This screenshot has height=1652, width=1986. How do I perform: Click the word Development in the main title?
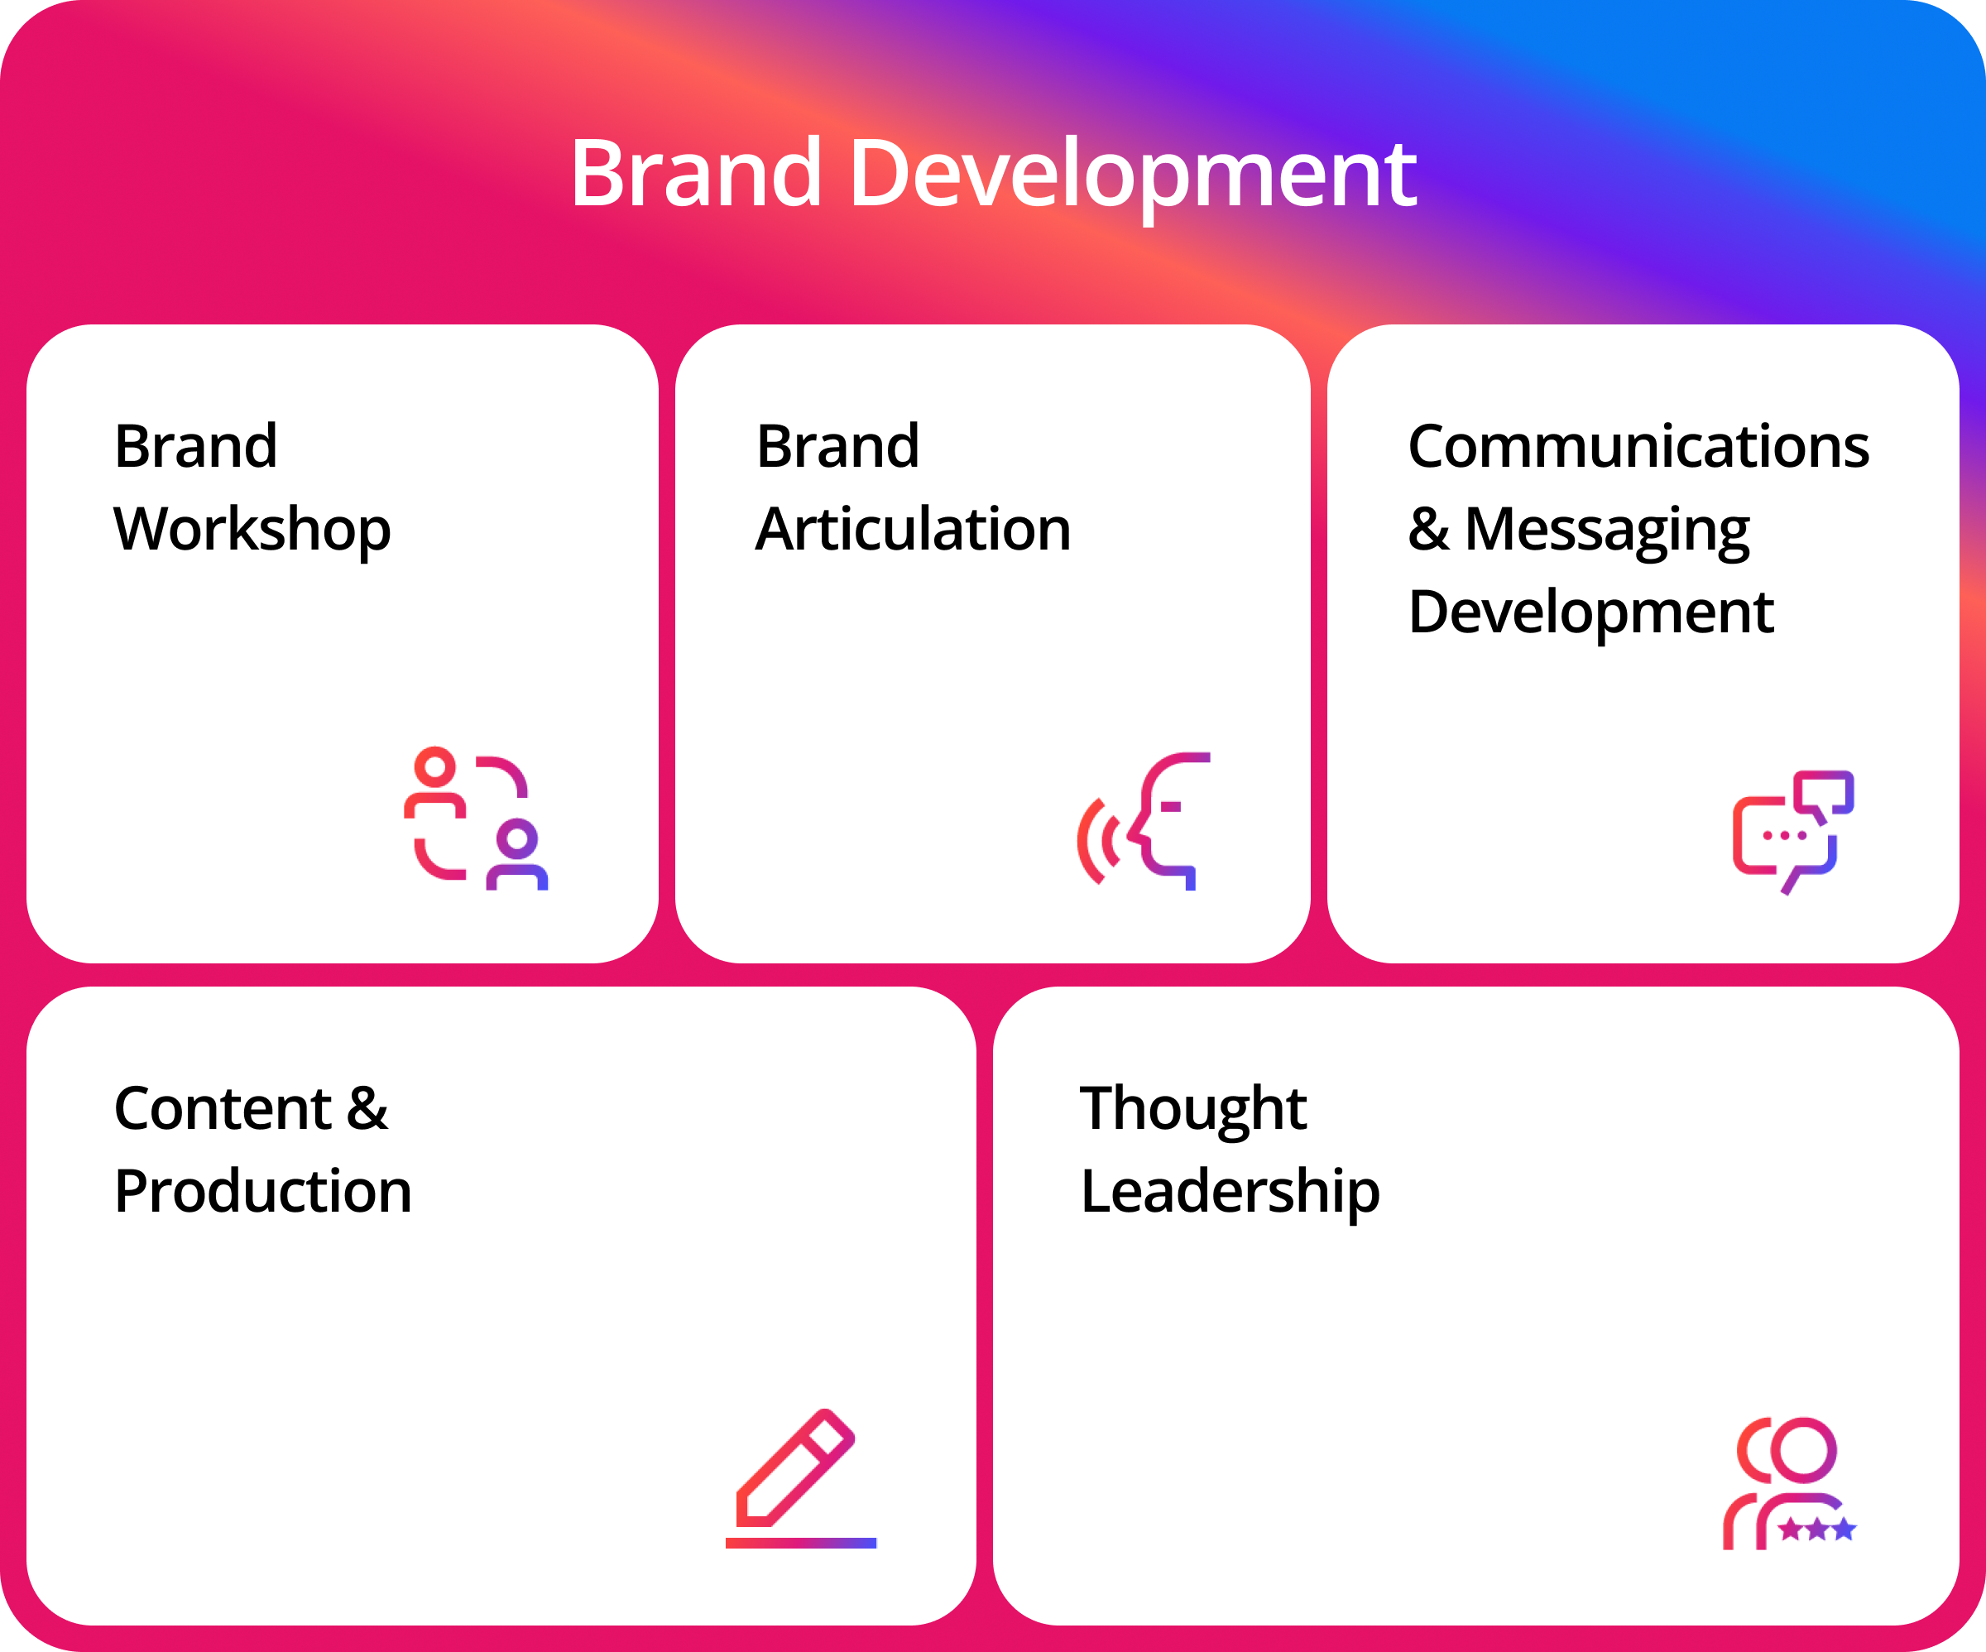click(1133, 177)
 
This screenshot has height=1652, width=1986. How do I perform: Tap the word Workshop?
click(252, 530)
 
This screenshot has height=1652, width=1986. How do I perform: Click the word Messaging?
click(1607, 531)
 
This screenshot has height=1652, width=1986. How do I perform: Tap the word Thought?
click(1193, 1110)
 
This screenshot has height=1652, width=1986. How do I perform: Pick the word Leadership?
click(1230, 1192)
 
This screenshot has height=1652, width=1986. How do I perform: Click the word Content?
click(223, 1108)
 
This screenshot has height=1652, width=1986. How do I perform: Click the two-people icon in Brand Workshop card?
click(476, 819)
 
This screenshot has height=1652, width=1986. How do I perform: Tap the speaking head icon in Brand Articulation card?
click(1144, 821)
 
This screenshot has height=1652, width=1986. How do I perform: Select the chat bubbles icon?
click(1793, 833)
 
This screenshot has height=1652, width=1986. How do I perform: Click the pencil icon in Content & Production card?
click(795, 1467)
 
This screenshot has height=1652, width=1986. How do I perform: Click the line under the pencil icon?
click(801, 1544)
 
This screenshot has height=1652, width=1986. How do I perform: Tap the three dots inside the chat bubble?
click(1785, 835)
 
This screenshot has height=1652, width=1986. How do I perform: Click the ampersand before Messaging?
click(1428, 529)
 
